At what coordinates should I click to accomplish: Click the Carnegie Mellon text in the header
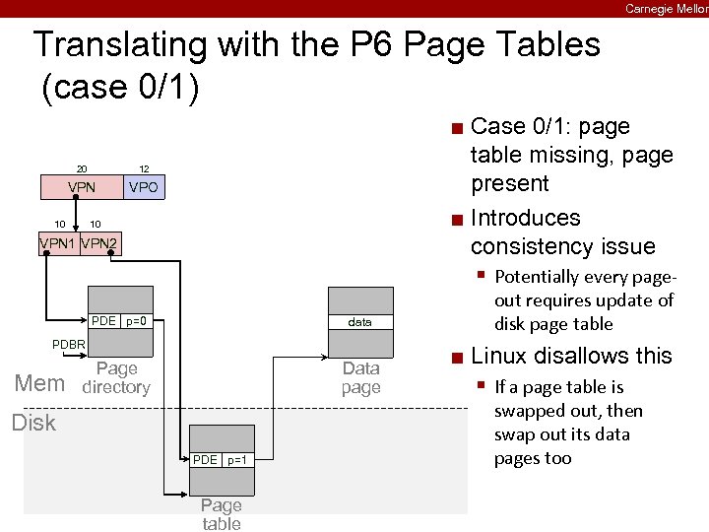pyautogui.click(x=666, y=8)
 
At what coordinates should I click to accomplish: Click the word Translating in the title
pyautogui.click(x=108, y=45)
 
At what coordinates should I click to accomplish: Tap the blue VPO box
pyautogui.click(x=144, y=187)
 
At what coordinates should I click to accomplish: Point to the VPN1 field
pyautogui.click(x=57, y=243)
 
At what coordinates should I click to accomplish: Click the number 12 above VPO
pyautogui.click(x=144, y=168)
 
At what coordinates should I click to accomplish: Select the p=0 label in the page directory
pyautogui.click(x=137, y=321)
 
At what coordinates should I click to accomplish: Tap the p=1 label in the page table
pyautogui.click(x=236, y=460)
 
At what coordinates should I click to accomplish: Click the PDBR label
pyautogui.click(x=69, y=344)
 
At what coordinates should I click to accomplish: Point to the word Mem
pyautogui.click(x=39, y=383)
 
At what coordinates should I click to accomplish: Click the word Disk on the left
pyautogui.click(x=33, y=423)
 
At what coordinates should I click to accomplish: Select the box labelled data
pyautogui.click(x=360, y=322)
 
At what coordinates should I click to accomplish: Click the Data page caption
pyautogui.click(x=360, y=377)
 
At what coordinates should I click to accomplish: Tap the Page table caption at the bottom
pyautogui.click(x=222, y=514)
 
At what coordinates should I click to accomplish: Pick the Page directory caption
pyautogui.click(x=116, y=377)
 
